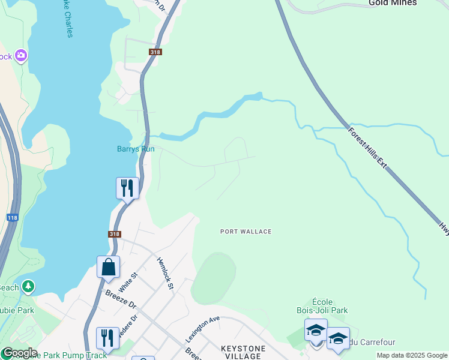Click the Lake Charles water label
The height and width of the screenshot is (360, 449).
65,19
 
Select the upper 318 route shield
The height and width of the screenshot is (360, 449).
156,53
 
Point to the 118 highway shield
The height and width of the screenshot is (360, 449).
13,217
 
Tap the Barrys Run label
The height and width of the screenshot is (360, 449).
136,149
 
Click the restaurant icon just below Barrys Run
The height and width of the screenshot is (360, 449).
127,188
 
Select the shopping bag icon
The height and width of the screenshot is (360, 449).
108,267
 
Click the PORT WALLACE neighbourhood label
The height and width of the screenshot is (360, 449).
246,232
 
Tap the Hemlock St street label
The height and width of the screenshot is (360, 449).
165,274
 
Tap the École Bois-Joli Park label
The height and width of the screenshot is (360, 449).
322,306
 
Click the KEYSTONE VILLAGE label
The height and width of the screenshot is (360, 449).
242,352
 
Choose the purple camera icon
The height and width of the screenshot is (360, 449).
22,56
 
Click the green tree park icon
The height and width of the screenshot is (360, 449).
28,287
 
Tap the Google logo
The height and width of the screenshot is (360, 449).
19,353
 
